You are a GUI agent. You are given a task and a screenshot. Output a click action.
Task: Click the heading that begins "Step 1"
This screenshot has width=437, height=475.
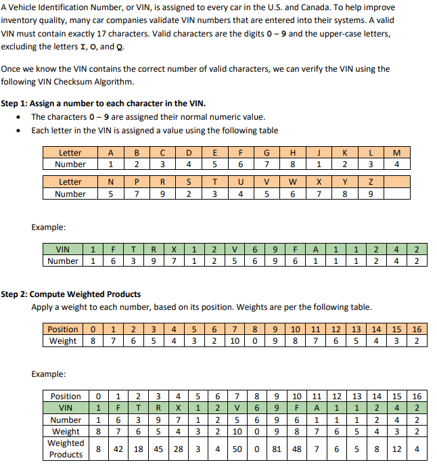(x=103, y=104)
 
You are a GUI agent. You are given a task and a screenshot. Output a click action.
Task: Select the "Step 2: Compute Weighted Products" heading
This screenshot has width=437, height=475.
(x=71, y=294)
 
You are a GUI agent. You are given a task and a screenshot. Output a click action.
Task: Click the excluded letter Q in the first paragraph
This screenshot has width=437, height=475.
(x=120, y=47)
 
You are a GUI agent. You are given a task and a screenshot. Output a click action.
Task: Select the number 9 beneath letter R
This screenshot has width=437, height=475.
(x=162, y=194)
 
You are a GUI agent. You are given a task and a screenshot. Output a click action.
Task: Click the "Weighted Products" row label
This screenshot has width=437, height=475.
(x=66, y=449)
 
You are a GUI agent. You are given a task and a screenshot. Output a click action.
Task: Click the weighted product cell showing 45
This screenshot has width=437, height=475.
(x=157, y=449)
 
